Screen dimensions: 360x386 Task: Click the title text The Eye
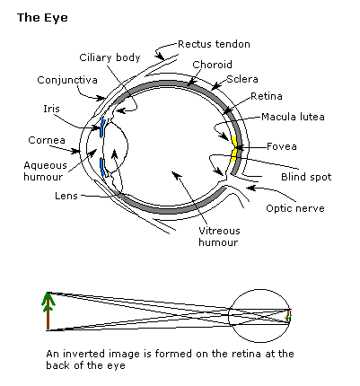point(42,18)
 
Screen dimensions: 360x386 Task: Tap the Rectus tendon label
point(214,44)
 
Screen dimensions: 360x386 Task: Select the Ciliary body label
point(110,57)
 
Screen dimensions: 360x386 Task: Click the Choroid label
point(212,65)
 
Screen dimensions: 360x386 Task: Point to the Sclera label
point(242,79)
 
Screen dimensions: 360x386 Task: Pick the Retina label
point(267,96)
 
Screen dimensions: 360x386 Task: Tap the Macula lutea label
point(293,117)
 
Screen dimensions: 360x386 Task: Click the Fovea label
point(282,146)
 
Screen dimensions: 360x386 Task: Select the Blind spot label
point(306,177)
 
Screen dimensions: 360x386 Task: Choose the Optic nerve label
point(295,208)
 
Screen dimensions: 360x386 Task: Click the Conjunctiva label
point(67,80)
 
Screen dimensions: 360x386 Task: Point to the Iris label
point(51,109)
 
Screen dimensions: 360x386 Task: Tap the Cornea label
point(47,140)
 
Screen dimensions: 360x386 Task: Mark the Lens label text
point(66,196)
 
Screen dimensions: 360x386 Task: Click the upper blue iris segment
point(103,128)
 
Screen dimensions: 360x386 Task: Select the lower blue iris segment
point(102,168)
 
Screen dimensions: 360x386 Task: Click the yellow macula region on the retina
point(234,149)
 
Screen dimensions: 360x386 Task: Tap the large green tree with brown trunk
point(48,311)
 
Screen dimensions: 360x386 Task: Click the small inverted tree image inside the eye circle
point(288,317)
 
